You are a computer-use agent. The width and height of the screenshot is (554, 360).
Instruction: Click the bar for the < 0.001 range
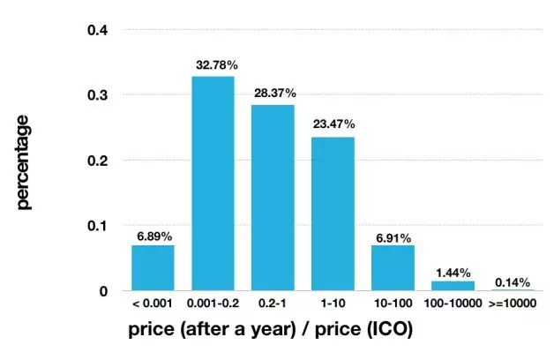(153, 267)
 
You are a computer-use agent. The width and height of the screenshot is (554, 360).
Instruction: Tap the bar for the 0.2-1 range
(273, 198)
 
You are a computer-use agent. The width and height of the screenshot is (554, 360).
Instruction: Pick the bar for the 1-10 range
(333, 214)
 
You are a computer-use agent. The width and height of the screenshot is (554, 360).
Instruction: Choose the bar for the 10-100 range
(393, 267)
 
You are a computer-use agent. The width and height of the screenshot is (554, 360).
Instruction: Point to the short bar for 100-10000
(453, 285)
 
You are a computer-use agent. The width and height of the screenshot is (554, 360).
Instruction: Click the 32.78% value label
(213, 65)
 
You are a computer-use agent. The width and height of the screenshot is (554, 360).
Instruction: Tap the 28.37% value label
(273, 94)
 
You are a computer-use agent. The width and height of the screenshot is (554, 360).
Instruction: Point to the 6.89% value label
(153, 235)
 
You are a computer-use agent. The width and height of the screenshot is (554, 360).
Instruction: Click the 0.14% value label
(513, 282)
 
